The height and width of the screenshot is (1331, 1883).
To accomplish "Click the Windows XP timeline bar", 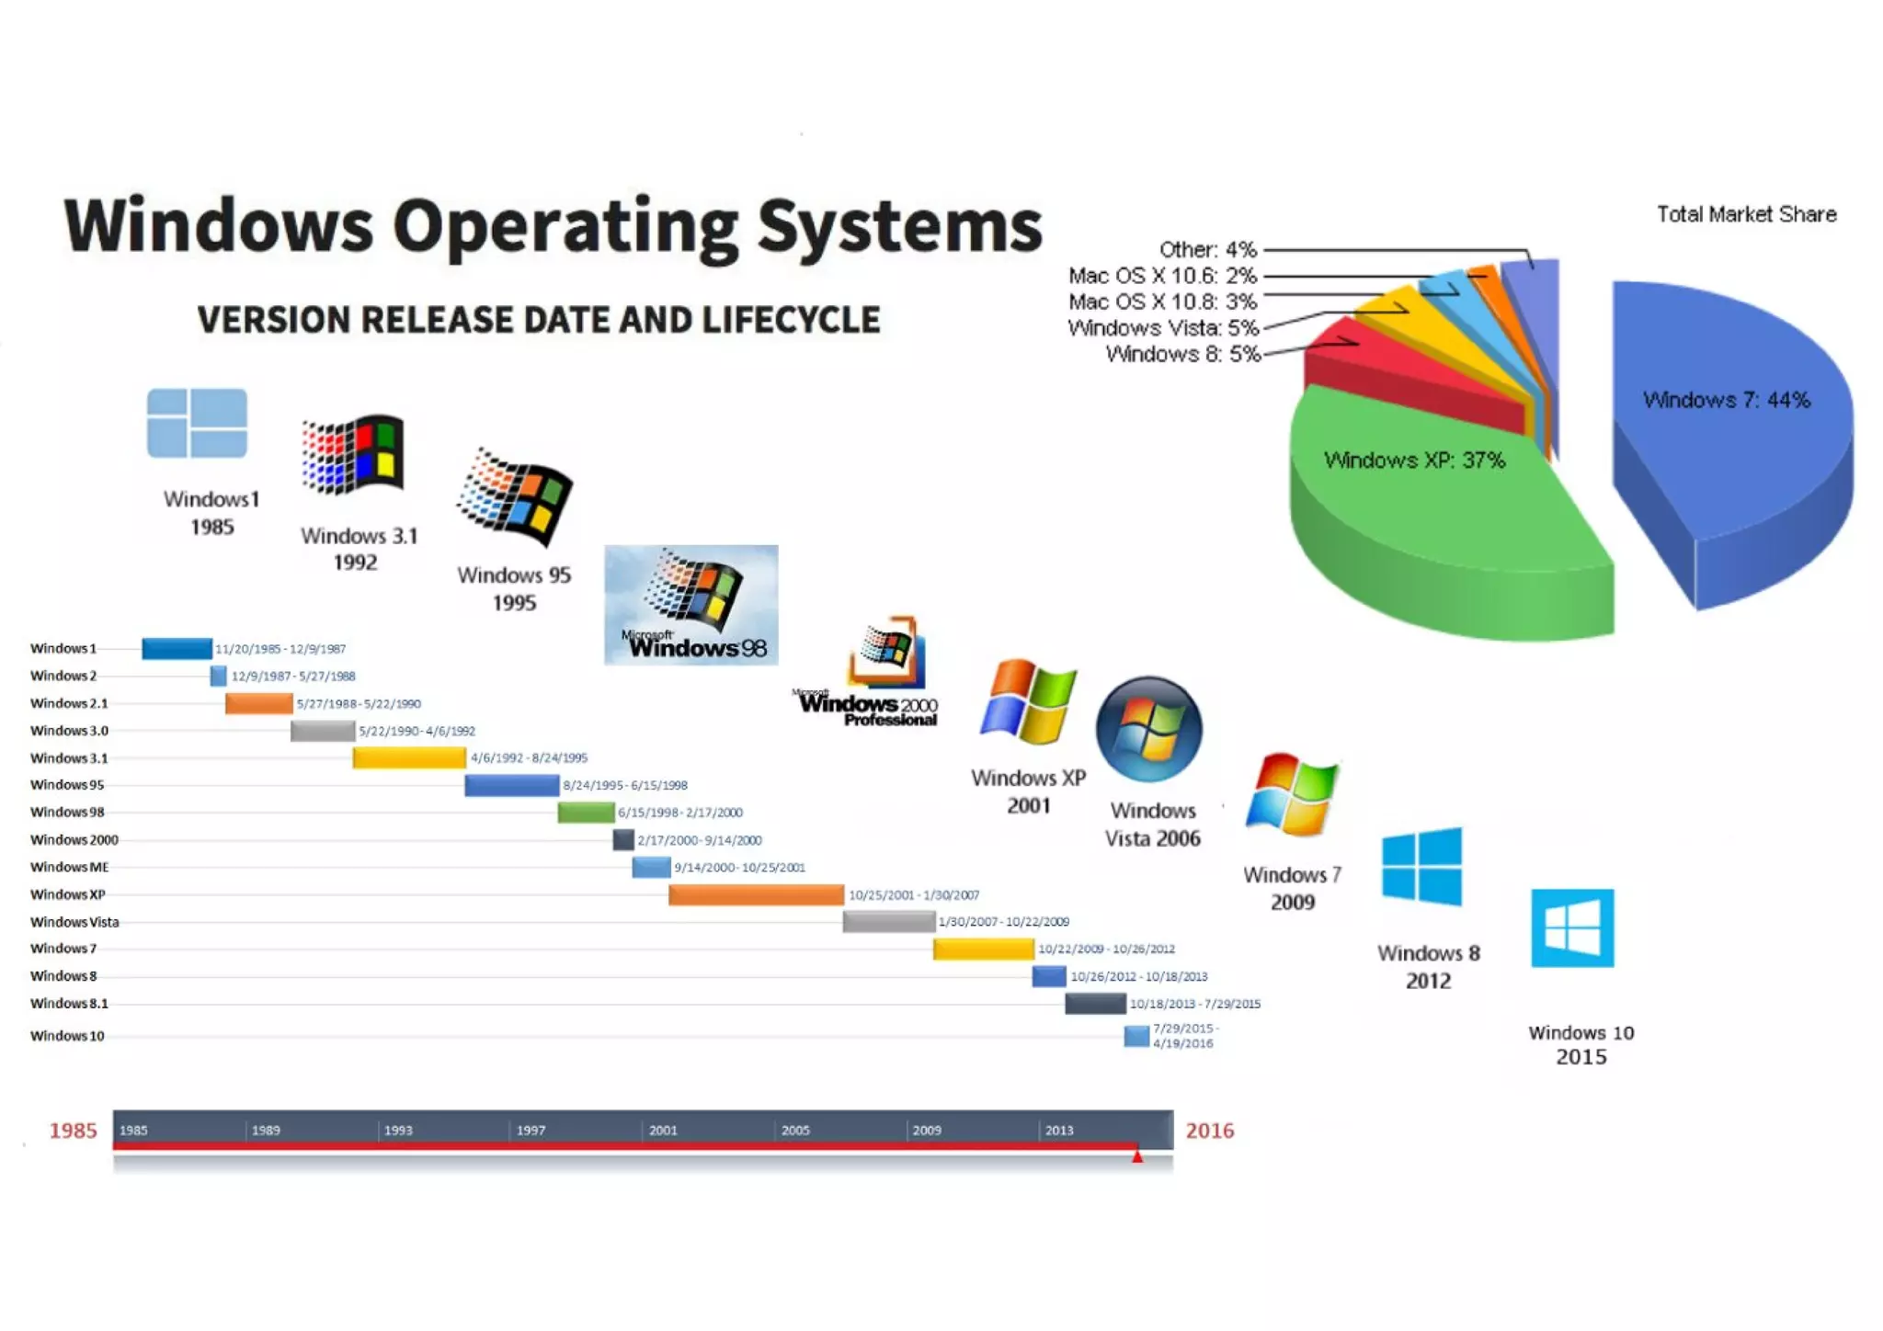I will point(756,894).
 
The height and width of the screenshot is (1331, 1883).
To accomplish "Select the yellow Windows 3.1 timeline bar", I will point(408,757).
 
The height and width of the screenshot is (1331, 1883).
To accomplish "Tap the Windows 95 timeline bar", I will point(511,785).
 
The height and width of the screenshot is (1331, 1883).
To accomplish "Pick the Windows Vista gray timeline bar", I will point(888,921).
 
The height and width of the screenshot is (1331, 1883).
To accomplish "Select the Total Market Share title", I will point(1746,214).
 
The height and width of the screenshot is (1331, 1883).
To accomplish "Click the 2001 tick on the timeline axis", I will point(662,1130).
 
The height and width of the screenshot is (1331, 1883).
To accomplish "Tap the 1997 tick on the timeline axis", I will point(530,1130).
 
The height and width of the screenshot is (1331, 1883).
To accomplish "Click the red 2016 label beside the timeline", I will point(1209,1131).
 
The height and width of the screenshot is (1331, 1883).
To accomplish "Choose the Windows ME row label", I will point(69,867).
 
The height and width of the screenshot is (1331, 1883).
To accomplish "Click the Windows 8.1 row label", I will point(69,1003).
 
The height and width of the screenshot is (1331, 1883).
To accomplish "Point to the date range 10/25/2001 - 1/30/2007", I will point(914,894).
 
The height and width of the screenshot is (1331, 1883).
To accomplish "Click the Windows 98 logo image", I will point(690,605).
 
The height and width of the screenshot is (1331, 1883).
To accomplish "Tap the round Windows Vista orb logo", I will point(1149,729).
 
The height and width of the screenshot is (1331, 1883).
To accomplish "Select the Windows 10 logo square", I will point(1572,927).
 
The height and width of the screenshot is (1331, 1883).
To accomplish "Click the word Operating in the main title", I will point(565,225).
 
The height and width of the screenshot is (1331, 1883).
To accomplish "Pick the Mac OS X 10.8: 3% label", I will point(1162,301).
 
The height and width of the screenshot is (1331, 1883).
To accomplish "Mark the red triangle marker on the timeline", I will point(1137,1156).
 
